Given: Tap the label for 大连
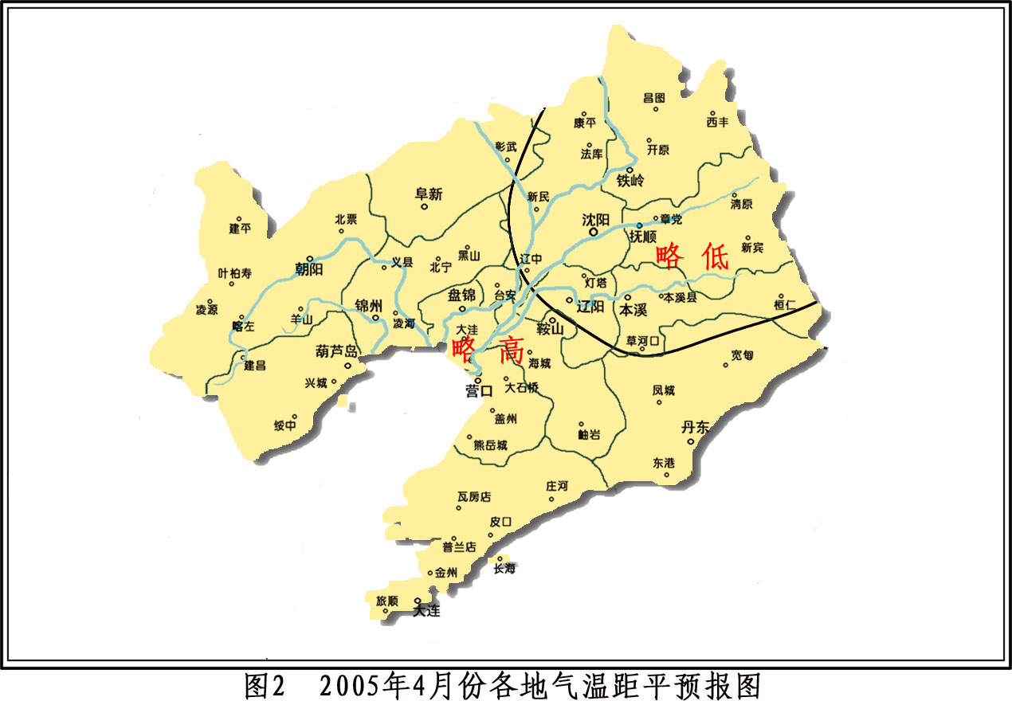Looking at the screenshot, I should [x=426, y=612].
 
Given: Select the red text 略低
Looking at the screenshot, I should [x=692, y=257].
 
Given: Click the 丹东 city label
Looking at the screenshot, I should [x=695, y=427].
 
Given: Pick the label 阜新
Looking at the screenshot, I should [x=429, y=194].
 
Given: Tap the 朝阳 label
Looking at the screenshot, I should [x=308, y=269].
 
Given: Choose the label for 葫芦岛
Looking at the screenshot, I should [x=337, y=351].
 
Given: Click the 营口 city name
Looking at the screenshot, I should [x=480, y=391].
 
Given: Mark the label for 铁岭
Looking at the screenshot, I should [x=630, y=181].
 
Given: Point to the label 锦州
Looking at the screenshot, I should [x=370, y=305].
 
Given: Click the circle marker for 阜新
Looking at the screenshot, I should [x=425, y=207].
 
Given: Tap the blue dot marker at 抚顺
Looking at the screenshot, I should [x=638, y=225].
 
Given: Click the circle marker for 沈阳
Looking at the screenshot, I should [x=593, y=233].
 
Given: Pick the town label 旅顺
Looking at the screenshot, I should [x=387, y=601].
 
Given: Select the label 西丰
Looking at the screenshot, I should [x=717, y=123].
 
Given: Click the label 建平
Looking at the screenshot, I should [x=240, y=229].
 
